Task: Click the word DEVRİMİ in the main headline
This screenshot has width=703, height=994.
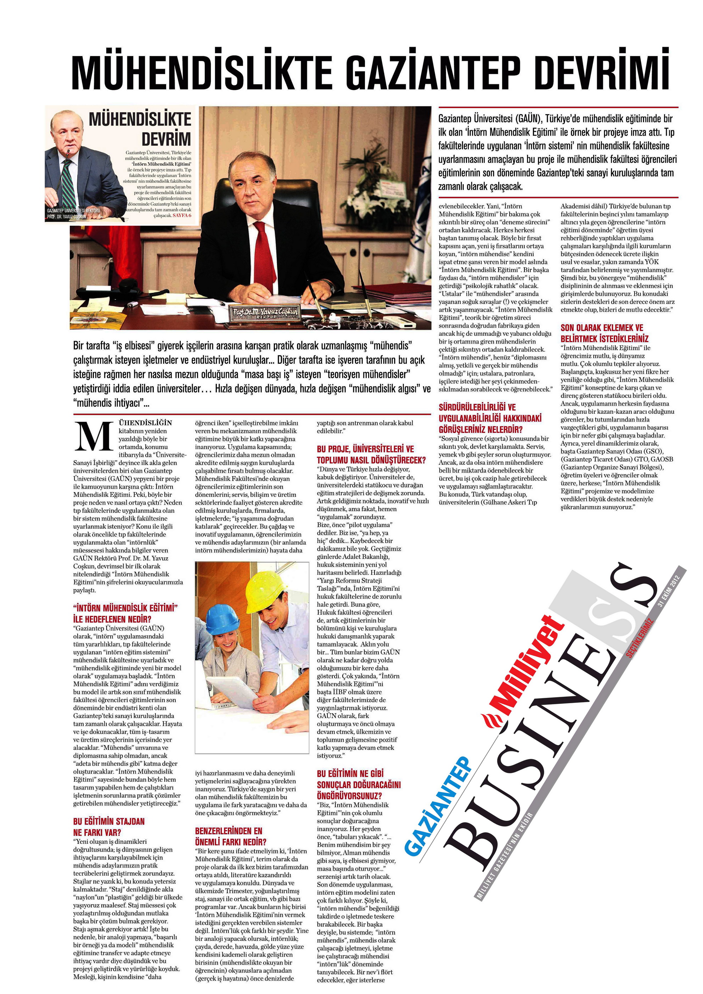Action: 602,70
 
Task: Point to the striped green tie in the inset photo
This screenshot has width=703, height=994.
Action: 68,184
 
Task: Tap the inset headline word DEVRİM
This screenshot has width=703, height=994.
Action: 166,139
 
